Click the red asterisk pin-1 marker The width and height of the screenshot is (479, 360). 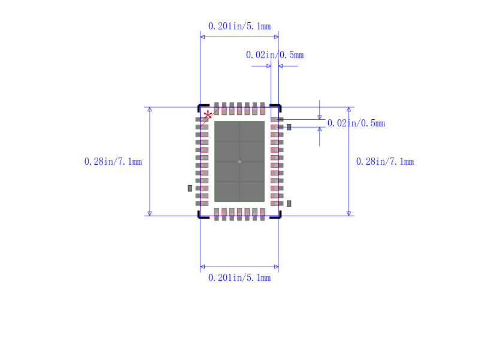pyautogui.click(x=208, y=115)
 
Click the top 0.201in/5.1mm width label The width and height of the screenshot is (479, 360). pyautogui.click(x=239, y=26)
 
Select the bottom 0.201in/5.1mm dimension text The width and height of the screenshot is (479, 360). pyautogui.click(x=239, y=278)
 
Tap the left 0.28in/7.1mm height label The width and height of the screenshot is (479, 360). pyautogui.click(x=113, y=162)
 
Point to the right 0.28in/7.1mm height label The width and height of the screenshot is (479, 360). pyautogui.click(x=384, y=162)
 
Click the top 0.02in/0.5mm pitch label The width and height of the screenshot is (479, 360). pyautogui.click(x=274, y=55)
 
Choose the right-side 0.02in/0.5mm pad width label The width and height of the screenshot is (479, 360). pyautogui.click(x=356, y=123)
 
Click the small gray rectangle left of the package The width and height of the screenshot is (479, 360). pyautogui.click(x=190, y=188)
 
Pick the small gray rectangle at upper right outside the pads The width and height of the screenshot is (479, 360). pyautogui.click(x=289, y=127)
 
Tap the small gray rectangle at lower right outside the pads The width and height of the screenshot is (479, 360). pyautogui.click(x=289, y=204)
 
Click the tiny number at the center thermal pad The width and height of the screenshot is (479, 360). pyautogui.click(x=239, y=162)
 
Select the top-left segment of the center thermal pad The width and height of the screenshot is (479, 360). pyautogui.click(x=227, y=131)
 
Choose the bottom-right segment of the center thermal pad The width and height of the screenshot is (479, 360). pyautogui.click(x=252, y=191)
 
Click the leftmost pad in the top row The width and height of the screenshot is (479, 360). pyautogui.click(x=217, y=108)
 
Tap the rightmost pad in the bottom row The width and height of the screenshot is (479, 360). pyautogui.click(x=262, y=214)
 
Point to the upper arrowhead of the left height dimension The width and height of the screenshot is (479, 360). pyautogui.click(x=150, y=110)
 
